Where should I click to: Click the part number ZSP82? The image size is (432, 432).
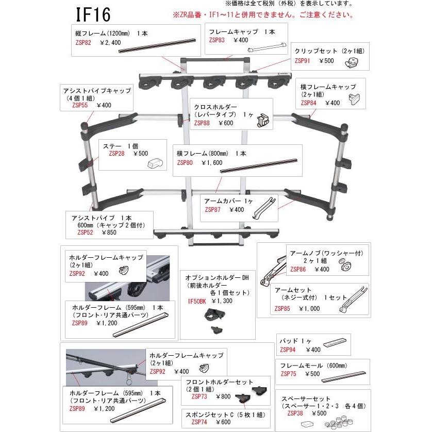pos(83,43)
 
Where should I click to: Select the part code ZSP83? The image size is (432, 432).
pos(218,40)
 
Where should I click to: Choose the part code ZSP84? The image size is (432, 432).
pos(310,103)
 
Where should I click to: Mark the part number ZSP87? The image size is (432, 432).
pos(213,209)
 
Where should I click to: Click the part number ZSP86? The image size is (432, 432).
pos(298,269)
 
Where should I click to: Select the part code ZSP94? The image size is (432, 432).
pos(288,349)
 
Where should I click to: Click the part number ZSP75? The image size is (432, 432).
pos(288,374)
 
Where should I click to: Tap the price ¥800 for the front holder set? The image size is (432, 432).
pos(223,396)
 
